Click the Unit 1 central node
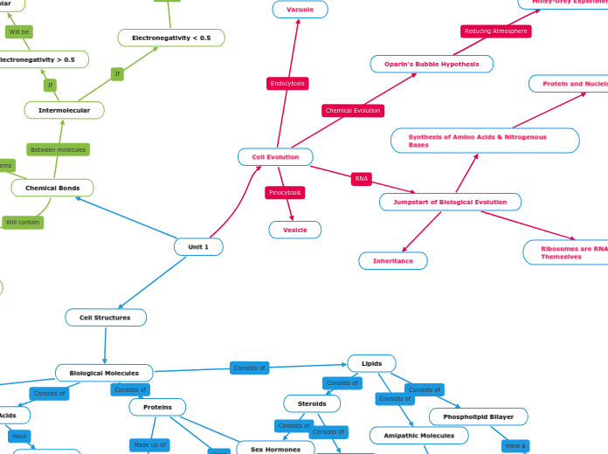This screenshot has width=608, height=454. coord(198,247)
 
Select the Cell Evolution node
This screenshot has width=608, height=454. coord(275,157)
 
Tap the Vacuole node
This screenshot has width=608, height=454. coord(300,10)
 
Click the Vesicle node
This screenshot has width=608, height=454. coord(294,230)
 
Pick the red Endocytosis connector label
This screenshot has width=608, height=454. coord(287,84)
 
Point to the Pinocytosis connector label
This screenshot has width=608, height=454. coord(285,192)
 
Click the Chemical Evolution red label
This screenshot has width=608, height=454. coord(353,111)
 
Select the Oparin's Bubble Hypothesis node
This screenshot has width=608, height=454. coord(432,64)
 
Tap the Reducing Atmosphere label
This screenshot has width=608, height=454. coord(495,31)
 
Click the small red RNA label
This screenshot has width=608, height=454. coord(362,178)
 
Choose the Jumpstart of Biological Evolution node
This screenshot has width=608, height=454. coord(450,202)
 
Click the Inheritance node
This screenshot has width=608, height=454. coord(393,261)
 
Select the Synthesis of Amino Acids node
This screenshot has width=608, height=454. coord(484,141)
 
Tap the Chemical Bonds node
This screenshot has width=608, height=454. coord(52,188)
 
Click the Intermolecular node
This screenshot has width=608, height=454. coord(64,110)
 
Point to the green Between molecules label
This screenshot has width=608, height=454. coord(59,150)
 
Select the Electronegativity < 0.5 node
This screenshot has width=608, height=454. coord(171,38)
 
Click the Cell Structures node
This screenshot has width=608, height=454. coord(105,318)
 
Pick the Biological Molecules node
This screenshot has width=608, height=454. coord(104,373)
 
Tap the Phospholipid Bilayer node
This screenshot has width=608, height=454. coord(478,416)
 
